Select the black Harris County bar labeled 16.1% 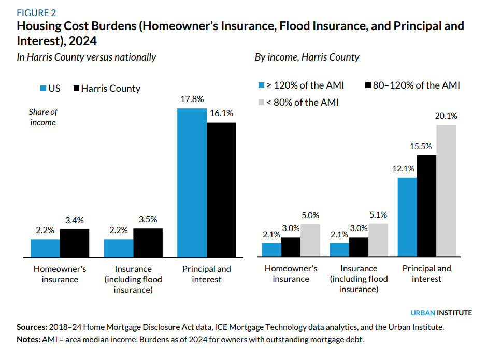(x=221, y=190)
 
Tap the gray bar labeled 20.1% (x=446, y=191)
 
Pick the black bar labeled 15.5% (x=426, y=206)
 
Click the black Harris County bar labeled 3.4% (x=75, y=243)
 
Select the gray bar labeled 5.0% (x=310, y=241)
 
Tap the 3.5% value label (x=148, y=219)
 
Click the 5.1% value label (x=378, y=214)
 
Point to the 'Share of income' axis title (x=43, y=117)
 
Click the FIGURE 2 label (x=36, y=12)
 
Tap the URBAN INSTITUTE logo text (x=441, y=313)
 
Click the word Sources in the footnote (x=32, y=327)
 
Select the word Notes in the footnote (x=28, y=340)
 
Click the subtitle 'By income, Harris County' (x=307, y=57)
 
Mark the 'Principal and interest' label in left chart (x=207, y=274)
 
